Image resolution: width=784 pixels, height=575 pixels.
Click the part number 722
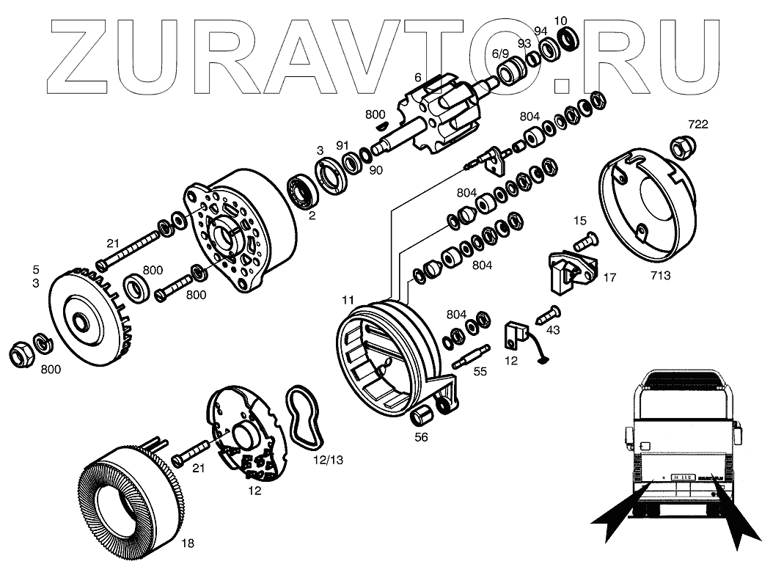pyautogui.click(x=697, y=124)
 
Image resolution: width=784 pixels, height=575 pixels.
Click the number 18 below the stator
pyautogui.click(x=188, y=543)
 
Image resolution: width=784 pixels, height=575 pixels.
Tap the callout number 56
pyautogui.click(x=421, y=437)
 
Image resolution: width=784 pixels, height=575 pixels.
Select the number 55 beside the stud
pyautogui.click(x=480, y=371)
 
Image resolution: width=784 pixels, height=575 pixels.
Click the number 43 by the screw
pyautogui.click(x=553, y=330)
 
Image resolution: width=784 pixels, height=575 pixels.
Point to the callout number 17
pyautogui.click(x=609, y=278)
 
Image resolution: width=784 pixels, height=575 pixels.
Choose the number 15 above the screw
pyautogui.click(x=580, y=220)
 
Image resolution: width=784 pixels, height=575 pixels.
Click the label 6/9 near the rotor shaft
pyautogui.click(x=499, y=54)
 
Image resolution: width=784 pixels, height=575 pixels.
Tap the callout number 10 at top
pyautogui.click(x=560, y=20)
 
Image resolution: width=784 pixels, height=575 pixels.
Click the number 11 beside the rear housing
pyautogui.click(x=348, y=300)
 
